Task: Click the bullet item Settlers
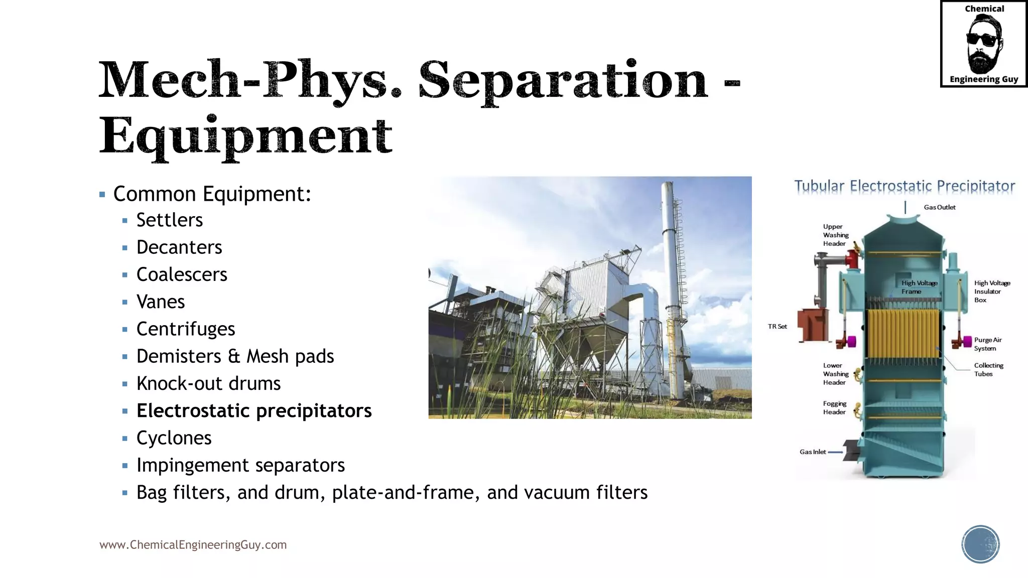point(170,220)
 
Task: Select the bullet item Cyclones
point(174,438)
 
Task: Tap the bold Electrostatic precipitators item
point(254,411)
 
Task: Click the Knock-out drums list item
point(208,384)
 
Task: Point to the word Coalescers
point(182,274)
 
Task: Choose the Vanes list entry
point(161,302)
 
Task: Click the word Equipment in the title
point(245,136)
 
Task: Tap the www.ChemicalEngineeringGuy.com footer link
point(193,545)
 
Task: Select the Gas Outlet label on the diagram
point(939,207)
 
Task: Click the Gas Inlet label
point(812,452)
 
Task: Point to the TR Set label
point(777,327)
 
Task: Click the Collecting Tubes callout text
point(988,370)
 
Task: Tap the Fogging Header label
point(834,408)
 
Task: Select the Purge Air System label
point(987,344)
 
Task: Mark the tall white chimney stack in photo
point(670,281)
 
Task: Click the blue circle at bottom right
point(980,544)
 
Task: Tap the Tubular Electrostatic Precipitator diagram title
point(905,186)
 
